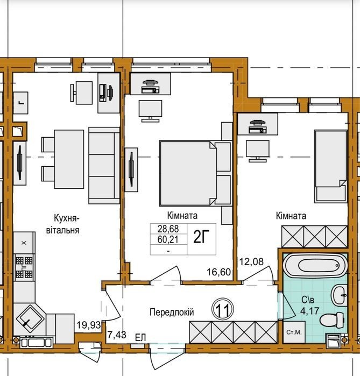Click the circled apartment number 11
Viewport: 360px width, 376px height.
click(223, 309)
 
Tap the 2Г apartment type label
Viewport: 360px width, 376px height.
click(201, 237)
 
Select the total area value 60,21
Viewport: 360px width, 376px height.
click(168, 239)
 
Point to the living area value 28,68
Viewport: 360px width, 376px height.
click(168, 229)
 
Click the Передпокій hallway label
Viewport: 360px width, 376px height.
click(172, 312)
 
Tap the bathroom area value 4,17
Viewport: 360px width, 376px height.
click(309, 311)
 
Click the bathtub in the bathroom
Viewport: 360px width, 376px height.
click(315, 265)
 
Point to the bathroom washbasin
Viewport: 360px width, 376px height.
click(339, 295)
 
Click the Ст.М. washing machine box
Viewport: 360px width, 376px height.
click(294, 332)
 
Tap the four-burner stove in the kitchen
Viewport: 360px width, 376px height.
click(24, 268)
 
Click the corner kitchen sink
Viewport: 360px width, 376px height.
click(30, 319)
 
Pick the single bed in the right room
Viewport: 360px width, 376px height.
click(331, 166)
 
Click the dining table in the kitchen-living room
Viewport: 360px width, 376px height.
click(69, 159)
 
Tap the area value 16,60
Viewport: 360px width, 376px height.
click(218, 272)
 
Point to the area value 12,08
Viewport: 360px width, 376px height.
click(251, 261)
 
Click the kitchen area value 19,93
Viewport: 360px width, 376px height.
click(88, 325)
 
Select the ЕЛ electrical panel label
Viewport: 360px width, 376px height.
click(140, 338)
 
